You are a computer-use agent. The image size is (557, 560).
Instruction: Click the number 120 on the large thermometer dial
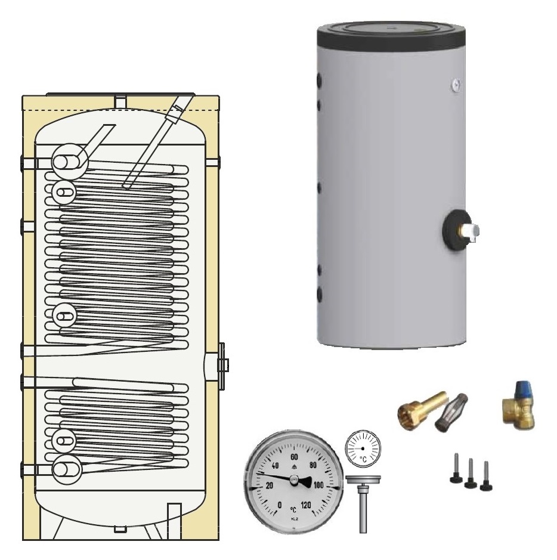[x=307, y=506]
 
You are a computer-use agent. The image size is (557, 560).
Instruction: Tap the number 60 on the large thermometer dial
[x=293, y=457]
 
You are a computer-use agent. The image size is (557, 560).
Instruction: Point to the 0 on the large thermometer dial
[x=280, y=506]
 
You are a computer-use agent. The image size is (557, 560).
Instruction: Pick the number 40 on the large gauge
[x=275, y=466]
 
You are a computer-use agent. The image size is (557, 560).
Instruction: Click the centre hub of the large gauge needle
[x=293, y=480]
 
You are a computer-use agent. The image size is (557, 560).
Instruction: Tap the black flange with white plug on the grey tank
[x=457, y=228]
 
